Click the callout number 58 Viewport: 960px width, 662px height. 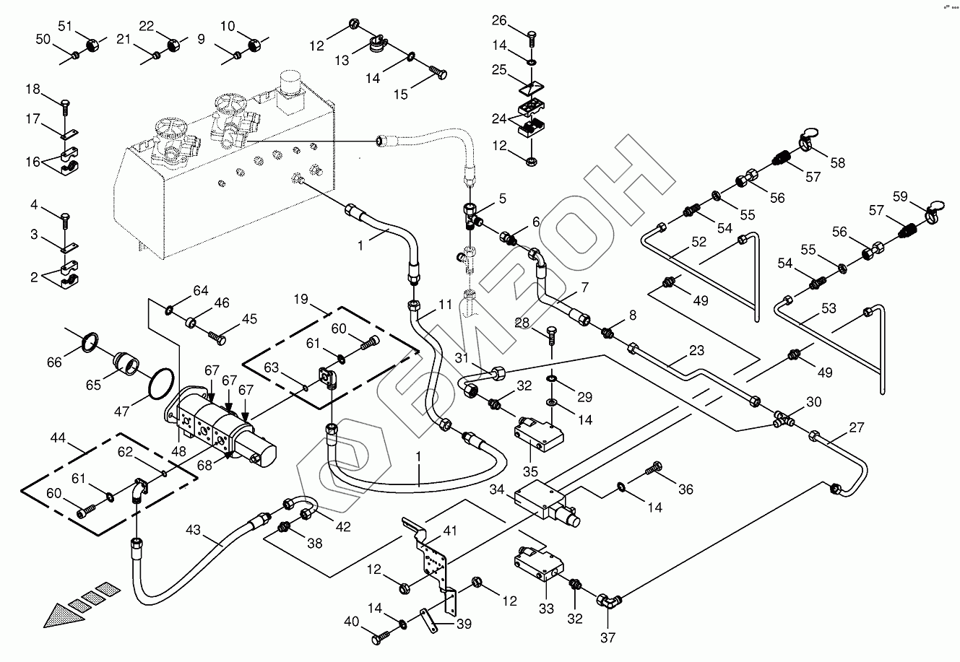836,164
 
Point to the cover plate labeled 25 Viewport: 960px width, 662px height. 531,90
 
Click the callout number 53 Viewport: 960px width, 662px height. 828,308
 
